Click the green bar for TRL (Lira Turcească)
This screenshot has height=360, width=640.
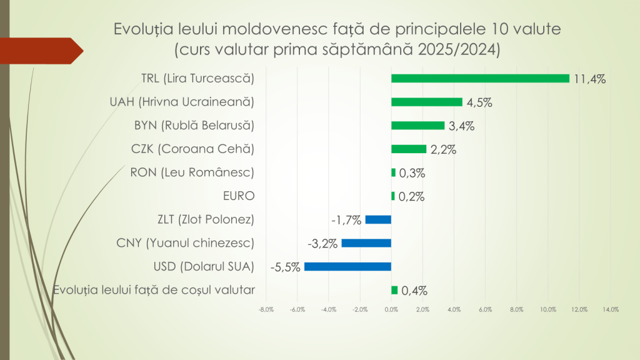point(480,78)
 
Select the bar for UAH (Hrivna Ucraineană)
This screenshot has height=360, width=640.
point(426,102)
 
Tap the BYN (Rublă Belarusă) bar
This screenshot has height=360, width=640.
point(417,125)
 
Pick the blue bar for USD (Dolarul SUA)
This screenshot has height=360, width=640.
point(347,266)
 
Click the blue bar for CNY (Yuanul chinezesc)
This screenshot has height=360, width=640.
point(366,242)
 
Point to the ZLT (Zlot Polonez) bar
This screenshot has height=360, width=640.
point(378,219)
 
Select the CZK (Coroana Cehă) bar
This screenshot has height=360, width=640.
point(409,149)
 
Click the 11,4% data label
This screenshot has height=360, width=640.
point(590,79)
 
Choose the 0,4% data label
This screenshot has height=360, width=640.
point(414,290)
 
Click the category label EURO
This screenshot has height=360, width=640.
point(238,196)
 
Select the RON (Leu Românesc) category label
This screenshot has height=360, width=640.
point(192,172)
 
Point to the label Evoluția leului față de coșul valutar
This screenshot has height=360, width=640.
point(154,289)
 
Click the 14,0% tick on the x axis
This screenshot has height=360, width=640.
point(611,309)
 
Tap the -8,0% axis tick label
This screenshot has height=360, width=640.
point(266,309)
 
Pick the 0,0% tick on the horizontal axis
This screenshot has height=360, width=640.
point(391,309)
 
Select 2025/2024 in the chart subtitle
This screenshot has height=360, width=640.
point(457,49)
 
